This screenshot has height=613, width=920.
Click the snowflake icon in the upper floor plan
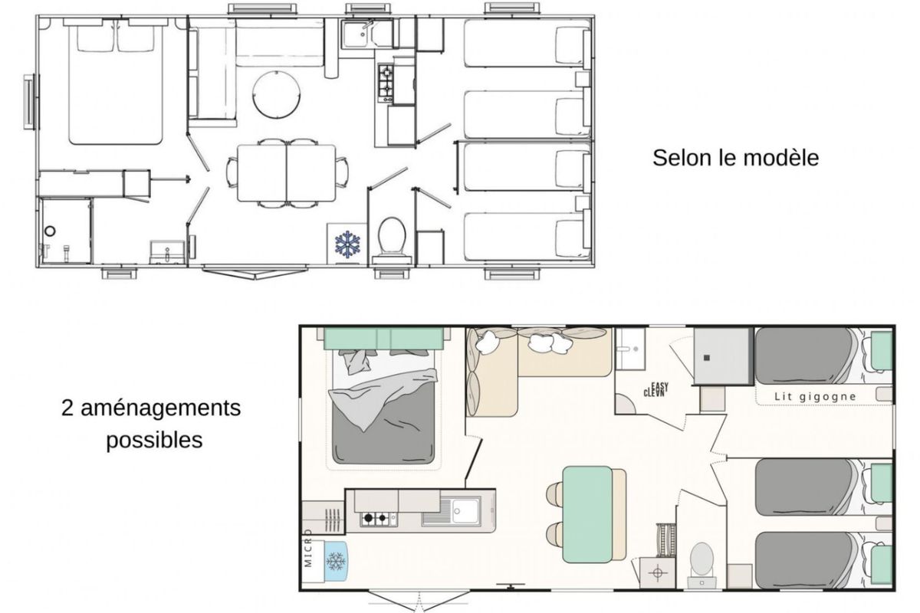tap(347, 244)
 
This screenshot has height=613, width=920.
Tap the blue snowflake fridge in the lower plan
tap(335, 561)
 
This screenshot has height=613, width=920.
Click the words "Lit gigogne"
tap(815, 397)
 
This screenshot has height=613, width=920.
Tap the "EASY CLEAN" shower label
tap(656, 389)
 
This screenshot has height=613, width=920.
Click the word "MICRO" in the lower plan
tap(308, 548)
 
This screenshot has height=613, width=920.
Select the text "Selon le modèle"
tap(735, 158)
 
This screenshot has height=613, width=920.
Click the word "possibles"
tap(154, 440)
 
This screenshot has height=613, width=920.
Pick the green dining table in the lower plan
tap(588, 514)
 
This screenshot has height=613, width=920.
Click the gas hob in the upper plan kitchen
tap(386, 83)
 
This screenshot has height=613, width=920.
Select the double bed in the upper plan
tap(116, 81)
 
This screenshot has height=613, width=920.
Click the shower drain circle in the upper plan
tap(50, 231)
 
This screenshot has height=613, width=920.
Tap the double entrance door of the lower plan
tap(419, 599)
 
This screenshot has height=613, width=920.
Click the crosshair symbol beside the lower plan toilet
tap(657, 572)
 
